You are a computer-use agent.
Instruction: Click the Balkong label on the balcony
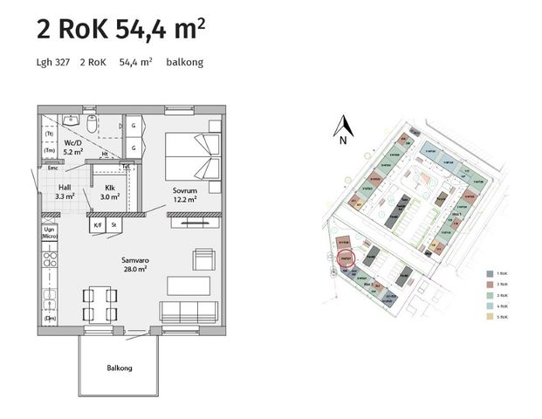tap(120, 368)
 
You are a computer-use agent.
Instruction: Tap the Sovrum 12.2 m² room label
tap(184, 195)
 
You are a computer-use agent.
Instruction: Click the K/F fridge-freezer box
tap(97, 225)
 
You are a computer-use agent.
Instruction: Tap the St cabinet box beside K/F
tap(113, 225)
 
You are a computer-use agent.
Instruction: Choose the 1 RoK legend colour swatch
tap(490, 273)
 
